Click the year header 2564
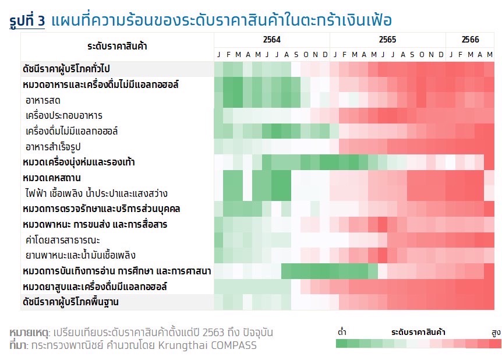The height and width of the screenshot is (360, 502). (271, 40)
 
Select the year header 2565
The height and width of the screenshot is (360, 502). (387, 40)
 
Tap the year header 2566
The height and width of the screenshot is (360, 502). (470, 40)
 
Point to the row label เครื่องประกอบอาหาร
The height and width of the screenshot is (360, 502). (64, 115)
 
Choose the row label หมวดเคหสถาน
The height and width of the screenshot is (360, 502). (52, 177)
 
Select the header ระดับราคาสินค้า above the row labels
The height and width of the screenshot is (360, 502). (117, 45)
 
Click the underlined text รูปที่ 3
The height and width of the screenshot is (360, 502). (27, 22)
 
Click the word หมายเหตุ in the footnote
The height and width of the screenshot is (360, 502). (29, 333)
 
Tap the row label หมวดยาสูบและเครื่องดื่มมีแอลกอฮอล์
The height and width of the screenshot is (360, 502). (95, 287)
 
